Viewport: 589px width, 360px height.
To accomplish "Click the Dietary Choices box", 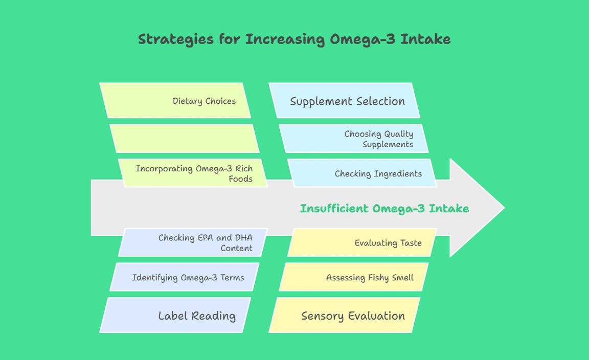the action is point(175,100).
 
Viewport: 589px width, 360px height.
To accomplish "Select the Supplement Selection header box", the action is point(345,100).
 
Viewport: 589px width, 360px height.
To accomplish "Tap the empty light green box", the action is point(185,139).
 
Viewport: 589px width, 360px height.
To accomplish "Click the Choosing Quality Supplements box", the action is point(353,139).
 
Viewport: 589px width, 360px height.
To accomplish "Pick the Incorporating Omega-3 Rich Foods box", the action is point(193,173).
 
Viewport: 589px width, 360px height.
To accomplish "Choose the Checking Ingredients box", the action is point(362,173).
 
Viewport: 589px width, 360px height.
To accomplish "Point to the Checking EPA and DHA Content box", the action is point(193,242).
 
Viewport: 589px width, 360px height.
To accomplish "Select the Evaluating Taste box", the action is point(362,242).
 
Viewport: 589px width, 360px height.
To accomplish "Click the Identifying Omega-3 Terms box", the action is point(185,277).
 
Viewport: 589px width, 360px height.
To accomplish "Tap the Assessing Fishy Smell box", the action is point(353,277).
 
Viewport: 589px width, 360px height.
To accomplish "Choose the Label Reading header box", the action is point(175,315).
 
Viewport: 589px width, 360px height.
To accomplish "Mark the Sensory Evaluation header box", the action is point(345,315).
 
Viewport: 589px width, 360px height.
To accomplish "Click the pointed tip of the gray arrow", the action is point(505,208).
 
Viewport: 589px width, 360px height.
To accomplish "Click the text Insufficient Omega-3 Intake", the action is point(384,208).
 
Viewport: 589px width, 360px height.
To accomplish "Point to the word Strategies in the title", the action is point(176,39).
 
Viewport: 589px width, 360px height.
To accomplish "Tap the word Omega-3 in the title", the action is point(363,39).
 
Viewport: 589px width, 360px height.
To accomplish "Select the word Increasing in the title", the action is point(285,39).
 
